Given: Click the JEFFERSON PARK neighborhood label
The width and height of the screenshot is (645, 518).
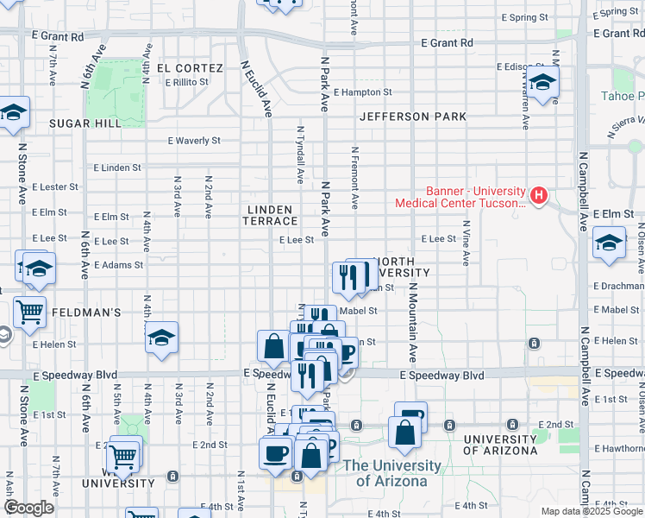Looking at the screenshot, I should pos(413,117).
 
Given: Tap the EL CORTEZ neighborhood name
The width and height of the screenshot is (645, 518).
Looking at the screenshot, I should pos(190,68).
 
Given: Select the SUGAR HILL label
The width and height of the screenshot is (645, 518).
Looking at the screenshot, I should pos(85,123).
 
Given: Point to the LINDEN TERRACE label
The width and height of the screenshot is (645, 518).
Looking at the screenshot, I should pos(272,216).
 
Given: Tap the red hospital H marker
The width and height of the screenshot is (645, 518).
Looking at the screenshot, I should pos(539,195).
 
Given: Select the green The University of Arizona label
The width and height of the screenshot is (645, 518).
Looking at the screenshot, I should pos(392,473).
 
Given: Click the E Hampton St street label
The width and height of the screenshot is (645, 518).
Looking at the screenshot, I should pos(362,92).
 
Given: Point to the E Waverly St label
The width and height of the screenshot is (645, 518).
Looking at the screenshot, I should pos(194,141).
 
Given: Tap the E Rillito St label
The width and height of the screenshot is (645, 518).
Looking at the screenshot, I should pos(186,82).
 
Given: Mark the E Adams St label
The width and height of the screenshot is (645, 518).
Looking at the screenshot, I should pos(119,265).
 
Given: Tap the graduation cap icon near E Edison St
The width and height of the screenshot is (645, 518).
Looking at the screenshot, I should pos(542,83).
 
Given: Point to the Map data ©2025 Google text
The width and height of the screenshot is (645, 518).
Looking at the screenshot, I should pos(592,511).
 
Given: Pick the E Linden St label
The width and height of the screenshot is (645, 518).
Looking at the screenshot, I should pos(116,167).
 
